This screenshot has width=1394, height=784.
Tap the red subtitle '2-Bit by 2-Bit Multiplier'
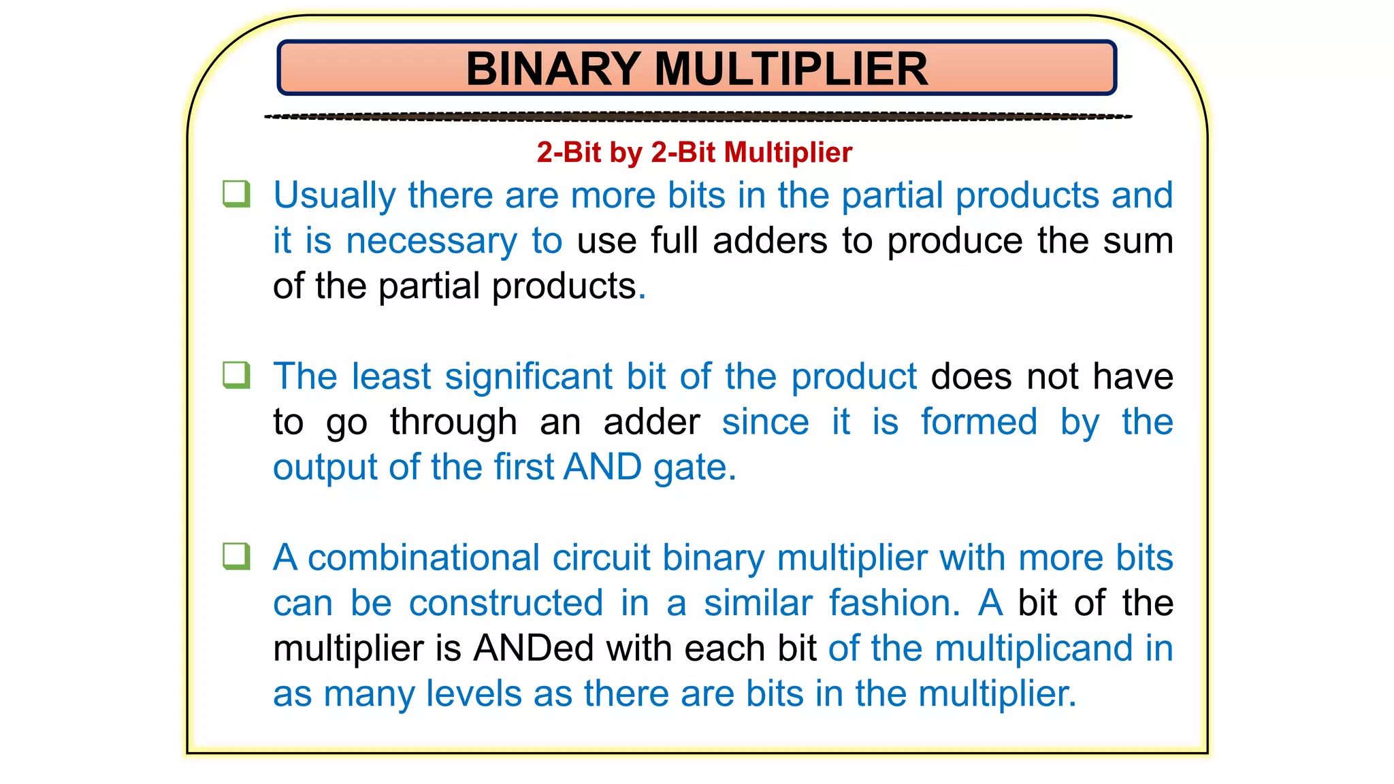tap(694, 152)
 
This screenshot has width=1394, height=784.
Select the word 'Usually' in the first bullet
tap(334, 196)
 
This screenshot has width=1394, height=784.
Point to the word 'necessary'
tap(432, 242)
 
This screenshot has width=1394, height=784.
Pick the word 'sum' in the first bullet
tap(1138, 241)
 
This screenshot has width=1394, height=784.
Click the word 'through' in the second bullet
tap(453, 422)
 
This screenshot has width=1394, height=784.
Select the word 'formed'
tap(979, 422)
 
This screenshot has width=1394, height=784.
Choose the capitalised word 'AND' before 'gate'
tap(602, 468)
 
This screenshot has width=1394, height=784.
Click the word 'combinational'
tap(423, 558)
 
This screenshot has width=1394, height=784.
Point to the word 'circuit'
tap(601, 558)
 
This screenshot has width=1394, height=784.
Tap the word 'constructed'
tap(506, 604)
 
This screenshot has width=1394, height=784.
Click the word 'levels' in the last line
tap(474, 694)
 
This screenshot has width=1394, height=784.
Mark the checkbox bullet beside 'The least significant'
tap(236, 375)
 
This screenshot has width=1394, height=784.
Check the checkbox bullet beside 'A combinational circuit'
tap(236, 556)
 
